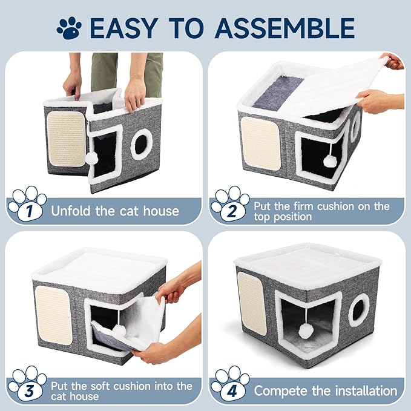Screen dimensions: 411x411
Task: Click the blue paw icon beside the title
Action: click(70, 27)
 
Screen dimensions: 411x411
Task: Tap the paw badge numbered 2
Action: click(229, 206)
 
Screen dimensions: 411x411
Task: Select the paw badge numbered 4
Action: click(229, 385)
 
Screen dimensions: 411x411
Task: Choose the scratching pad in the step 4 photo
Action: click(251, 301)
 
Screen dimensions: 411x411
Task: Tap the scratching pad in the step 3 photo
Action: click(53, 314)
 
